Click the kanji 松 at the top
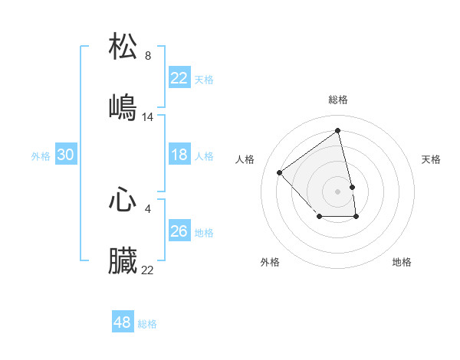pyautogui.click(x=123, y=47)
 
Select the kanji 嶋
pyautogui.click(x=123, y=108)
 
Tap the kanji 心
pyautogui.click(x=123, y=201)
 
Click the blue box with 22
pyautogui.click(x=179, y=77)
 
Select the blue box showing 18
pyautogui.click(x=179, y=155)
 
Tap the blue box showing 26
pyautogui.click(x=179, y=231)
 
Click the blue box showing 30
pyautogui.click(x=66, y=155)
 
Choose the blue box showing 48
pyautogui.click(x=123, y=322)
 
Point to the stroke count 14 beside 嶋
pyautogui.click(x=148, y=117)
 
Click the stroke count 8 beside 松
pyautogui.click(x=148, y=56)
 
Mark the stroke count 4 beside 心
pyautogui.click(x=148, y=209)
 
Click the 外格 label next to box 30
pyautogui.click(x=41, y=156)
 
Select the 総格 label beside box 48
pyautogui.click(x=147, y=324)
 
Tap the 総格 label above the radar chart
pyautogui.click(x=338, y=100)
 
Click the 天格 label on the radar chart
pyautogui.click(x=432, y=159)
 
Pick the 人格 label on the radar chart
pyautogui.click(x=245, y=159)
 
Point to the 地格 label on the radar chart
pyautogui.click(x=402, y=262)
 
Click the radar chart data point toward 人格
pyautogui.click(x=280, y=172)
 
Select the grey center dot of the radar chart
pyautogui.click(x=338, y=191)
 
